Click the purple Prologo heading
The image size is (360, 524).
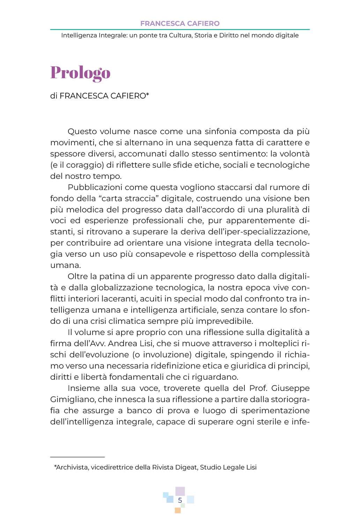[80, 73]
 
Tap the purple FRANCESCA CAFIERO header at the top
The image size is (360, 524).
[180, 23]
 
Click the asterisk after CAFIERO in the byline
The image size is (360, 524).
[148, 95]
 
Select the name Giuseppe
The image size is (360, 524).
[290, 388]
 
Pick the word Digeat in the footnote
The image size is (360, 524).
[185, 467]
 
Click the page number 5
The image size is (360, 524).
[180, 500]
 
